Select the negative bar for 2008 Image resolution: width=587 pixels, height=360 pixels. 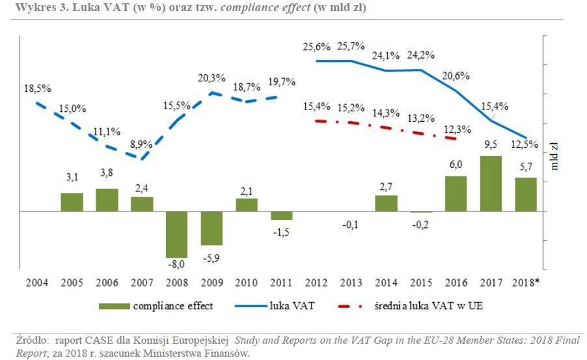click(x=176, y=234)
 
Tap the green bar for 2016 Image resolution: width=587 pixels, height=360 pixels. click(x=455, y=193)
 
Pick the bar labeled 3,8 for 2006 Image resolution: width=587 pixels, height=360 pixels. click(x=107, y=200)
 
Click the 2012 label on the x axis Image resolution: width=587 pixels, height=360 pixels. click(x=316, y=283)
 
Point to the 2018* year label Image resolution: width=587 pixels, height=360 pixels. click(x=526, y=283)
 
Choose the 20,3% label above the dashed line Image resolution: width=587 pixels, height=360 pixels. click(x=212, y=79)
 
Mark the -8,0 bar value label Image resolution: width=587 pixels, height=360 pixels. click(x=176, y=264)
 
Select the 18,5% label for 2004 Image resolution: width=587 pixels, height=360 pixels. click(x=36, y=88)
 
